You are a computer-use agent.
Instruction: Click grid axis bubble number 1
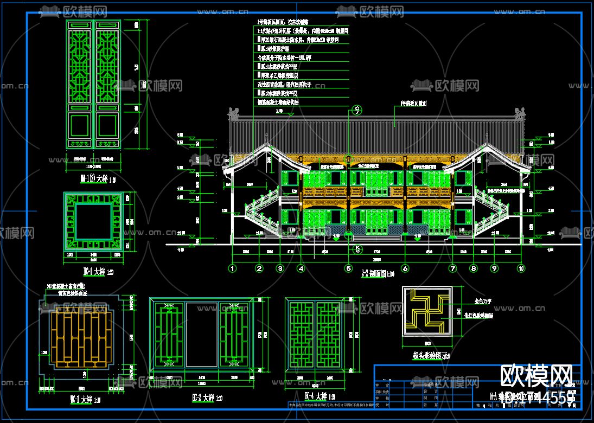point(233,268)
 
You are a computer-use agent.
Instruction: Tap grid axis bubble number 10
point(521,268)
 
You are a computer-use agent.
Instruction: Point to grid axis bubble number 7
point(452,268)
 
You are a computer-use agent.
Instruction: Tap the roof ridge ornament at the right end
point(521,113)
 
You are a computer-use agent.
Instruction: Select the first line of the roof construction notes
point(283,22)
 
